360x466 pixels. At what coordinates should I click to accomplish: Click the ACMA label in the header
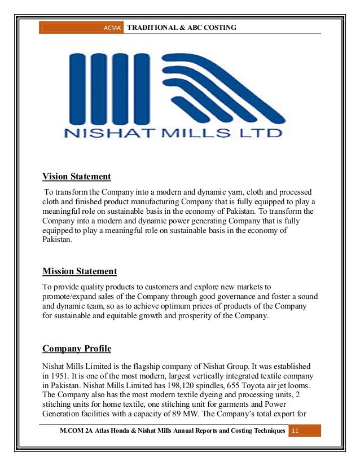pyautogui.click(x=114, y=28)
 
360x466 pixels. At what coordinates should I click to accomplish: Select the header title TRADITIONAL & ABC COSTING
pyautogui.click(x=182, y=27)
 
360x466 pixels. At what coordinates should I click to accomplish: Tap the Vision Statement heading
pyautogui.click(x=77, y=177)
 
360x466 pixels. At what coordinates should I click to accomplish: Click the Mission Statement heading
pyautogui.click(x=80, y=271)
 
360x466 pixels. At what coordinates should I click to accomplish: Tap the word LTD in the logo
pyautogui.click(x=264, y=134)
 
